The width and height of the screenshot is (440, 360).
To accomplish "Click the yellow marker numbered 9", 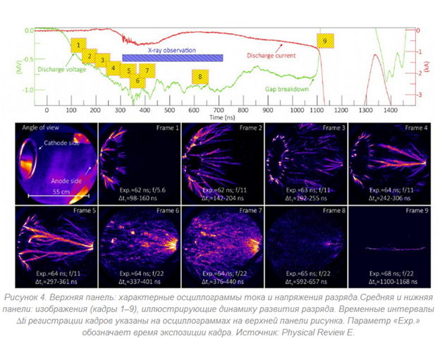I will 325,42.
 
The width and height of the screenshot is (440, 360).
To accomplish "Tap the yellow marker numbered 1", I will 78,44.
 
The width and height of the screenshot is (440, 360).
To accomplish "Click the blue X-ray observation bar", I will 172,58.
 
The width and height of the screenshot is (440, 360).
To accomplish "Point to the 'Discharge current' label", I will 271,55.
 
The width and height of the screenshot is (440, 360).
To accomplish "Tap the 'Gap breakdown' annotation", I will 286,89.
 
